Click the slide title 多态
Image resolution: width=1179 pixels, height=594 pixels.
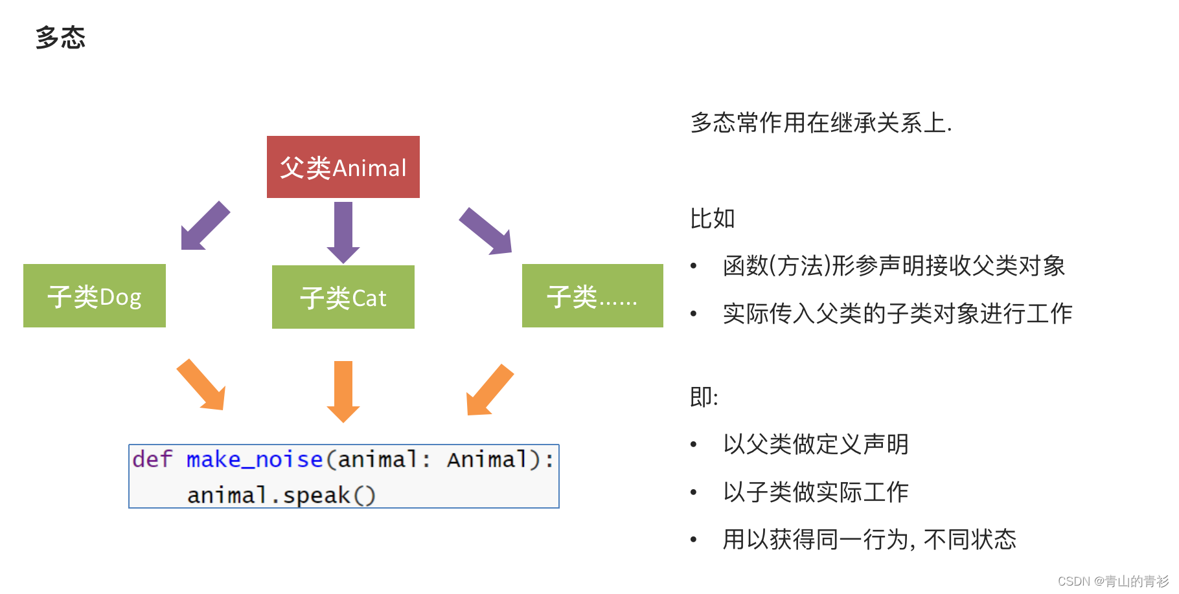coord(60,38)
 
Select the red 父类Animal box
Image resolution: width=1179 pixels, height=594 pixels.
coord(343,167)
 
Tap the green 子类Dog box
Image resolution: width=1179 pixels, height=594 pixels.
coord(95,296)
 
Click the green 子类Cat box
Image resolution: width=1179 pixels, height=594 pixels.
coord(343,297)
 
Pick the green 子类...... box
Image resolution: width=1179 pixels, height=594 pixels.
coord(592,296)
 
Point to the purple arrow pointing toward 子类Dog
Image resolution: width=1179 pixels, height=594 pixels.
coord(205,226)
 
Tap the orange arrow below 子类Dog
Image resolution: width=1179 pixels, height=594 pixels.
coord(202,385)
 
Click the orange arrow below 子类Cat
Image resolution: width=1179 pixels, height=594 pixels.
coord(343,391)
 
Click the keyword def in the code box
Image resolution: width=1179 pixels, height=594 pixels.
coord(152,459)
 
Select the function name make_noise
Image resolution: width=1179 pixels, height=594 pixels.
coord(255,459)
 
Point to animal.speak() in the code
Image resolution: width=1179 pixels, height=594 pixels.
coord(281,495)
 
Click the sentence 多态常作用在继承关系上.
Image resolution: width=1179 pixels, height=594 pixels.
coord(821,122)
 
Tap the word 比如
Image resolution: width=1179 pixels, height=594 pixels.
coord(712,219)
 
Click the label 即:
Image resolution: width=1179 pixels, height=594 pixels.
coord(704,397)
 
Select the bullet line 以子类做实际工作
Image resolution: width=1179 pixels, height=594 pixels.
coord(816,492)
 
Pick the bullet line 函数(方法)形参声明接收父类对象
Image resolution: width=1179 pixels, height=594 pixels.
coord(894,266)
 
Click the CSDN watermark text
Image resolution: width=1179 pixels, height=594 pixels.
coord(1112,581)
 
